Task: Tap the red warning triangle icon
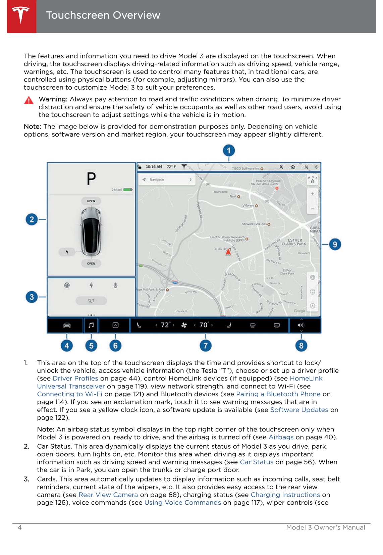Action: click(x=29, y=100)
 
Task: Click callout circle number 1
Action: click(x=229, y=151)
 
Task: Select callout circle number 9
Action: click(x=335, y=244)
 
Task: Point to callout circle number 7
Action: click(x=205, y=345)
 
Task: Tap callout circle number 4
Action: click(x=67, y=345)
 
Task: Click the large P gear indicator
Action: click(x=91, y=179)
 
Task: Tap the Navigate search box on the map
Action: click(x=167, y=180)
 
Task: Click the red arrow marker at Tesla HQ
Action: click(x=228, y=252)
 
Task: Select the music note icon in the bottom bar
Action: click(x=91, y=325)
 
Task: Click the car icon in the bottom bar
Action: click(x=67, y=325)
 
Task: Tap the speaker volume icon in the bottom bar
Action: click(x=301, y=325)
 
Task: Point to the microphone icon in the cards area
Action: click(x=115, y=285)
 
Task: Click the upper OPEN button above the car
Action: click(x=91, y=201)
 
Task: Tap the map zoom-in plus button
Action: click(x=312, y=194)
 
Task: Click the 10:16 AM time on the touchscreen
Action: click(x=154, y=167)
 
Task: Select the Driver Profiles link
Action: click(x=75, y=379)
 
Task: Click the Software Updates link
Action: click(x=299, y=410)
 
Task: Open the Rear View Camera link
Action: click(x=108, y=495)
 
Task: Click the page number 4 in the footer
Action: click(x=20, y=527)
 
